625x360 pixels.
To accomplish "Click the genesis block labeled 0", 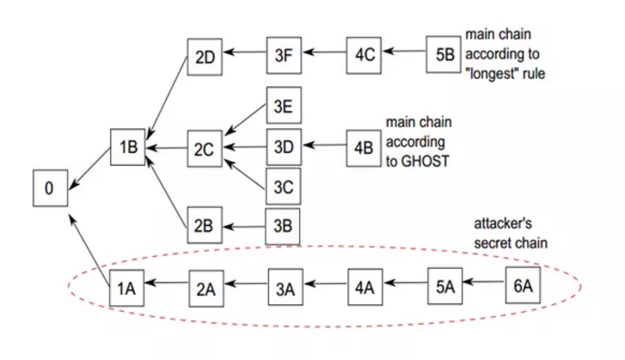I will tap(49, 188).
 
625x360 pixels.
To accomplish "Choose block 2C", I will tap(205, 149).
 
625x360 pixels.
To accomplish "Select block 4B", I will tap(363, 147).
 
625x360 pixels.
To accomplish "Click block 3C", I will tap(284, 186).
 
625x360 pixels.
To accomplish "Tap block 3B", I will tap(284, 227).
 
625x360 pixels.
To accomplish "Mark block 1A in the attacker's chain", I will tap(126, 288).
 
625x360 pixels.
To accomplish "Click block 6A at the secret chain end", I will tap(523, 287).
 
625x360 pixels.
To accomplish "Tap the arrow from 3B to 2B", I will tap(244, 227).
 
